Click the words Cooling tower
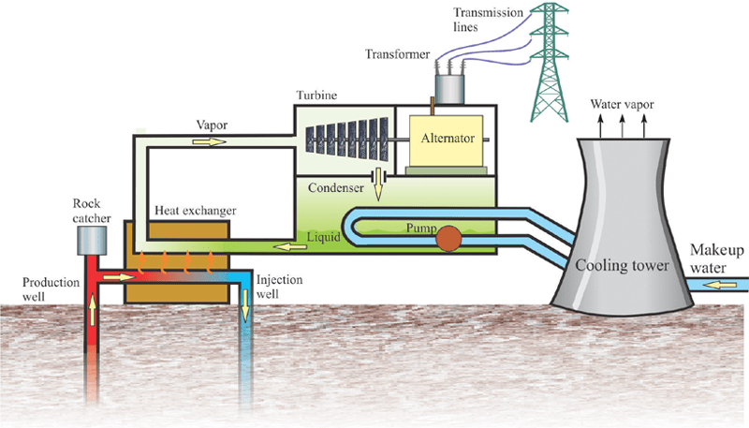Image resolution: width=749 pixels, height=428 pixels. tap(623, 265)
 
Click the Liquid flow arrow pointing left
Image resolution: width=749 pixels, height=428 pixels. tap(280, 247)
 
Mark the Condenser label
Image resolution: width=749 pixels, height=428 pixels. tap(334, 186)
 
